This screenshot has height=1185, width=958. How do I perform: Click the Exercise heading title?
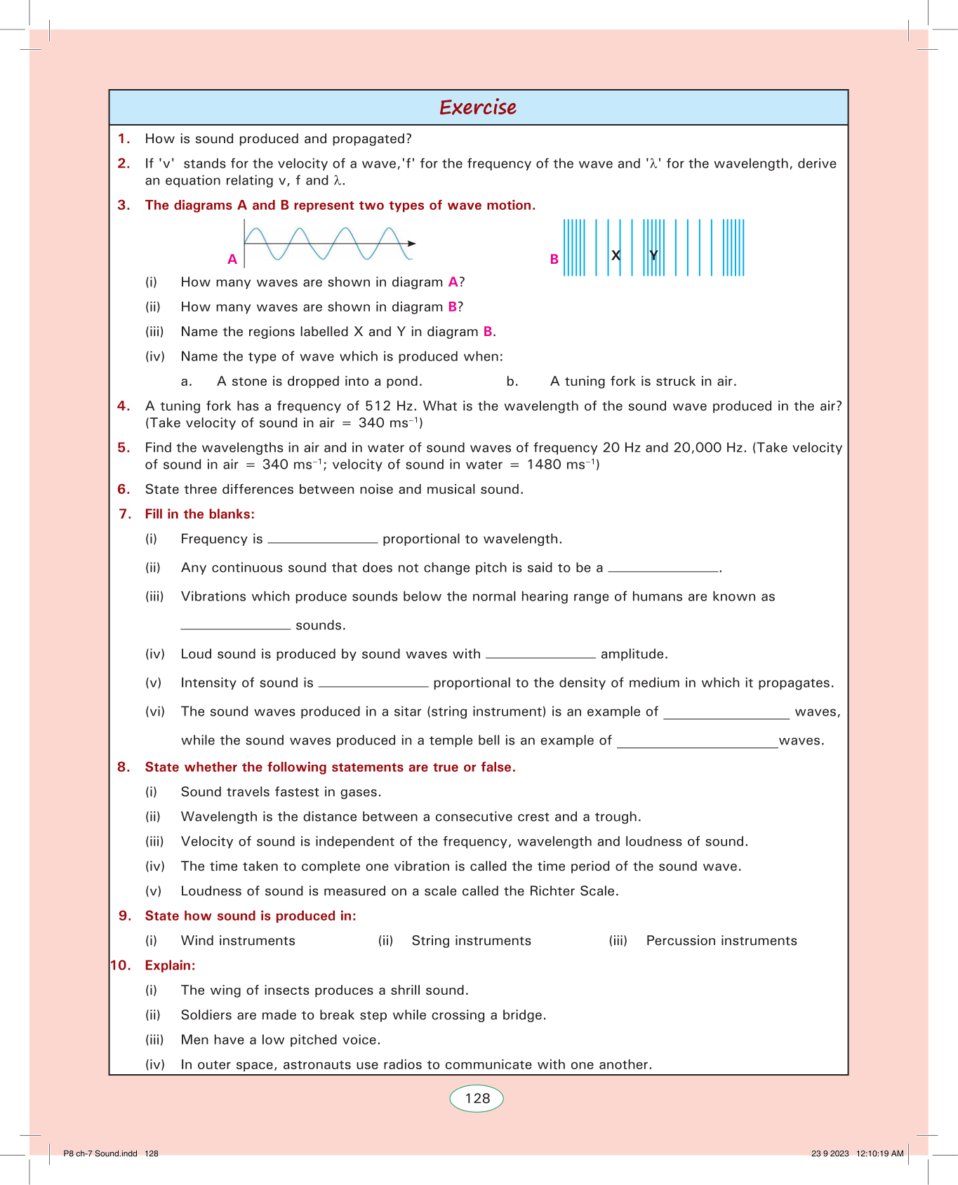coord(478,107)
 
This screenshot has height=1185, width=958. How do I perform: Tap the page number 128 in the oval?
coord(477,1098)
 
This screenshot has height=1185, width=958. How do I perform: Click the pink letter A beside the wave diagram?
coord(232,260)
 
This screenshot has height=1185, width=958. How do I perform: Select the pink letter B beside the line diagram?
coord(554,260)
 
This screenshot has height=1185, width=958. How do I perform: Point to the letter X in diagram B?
coord(616,255)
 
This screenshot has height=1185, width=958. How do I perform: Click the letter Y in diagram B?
coord(653,255)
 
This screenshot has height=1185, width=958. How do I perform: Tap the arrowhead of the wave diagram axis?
coord(412,243)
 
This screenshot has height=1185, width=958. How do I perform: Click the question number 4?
coord(124,406)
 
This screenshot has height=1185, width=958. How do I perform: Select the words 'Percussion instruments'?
coord(721,941)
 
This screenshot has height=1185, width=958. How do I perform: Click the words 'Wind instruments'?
coord(238,941)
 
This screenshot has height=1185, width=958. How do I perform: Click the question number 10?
coord(121,965)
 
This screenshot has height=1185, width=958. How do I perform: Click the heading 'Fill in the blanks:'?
coord(199,514)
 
